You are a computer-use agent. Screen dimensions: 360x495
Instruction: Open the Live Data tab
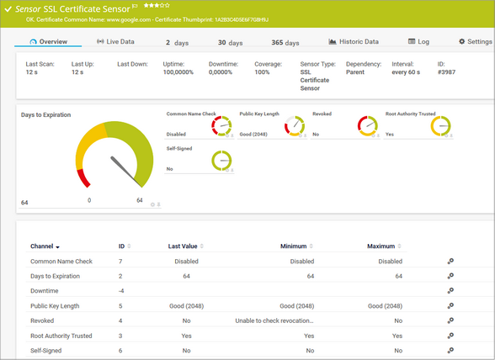(x=115, y=41)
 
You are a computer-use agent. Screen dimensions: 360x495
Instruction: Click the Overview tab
(x=48, y=41)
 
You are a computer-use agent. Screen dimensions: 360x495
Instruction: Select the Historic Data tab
(x=354, y=41)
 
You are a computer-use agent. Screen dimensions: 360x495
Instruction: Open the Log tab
(x=418, y=41)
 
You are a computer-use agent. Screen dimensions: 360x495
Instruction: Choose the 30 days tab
(x=230, y=42)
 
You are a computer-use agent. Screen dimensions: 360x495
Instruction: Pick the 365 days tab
(x=285, y=42)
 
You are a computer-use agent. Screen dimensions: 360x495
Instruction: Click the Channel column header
(x=42, y=246)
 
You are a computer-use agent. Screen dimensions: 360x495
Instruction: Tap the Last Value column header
(x=183, y=246)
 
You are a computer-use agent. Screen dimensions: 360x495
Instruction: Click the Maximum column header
(x=381, y=246)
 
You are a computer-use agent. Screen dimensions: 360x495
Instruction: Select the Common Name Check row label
(x=61, y=261)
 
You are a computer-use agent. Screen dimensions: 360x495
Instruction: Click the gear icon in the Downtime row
(x=450, y=291)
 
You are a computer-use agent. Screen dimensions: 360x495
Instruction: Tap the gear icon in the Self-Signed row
(x=450, y=350)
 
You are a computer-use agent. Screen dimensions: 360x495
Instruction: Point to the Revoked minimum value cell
(x=274, y=320)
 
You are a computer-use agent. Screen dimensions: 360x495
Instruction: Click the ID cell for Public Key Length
(x=121, y=305)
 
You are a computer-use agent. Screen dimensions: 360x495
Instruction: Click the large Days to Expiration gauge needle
(x=125, y=168)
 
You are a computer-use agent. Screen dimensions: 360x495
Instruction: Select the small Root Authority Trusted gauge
(x=441, y=125)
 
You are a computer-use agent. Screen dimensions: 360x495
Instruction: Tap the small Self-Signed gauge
(x=221, y=160)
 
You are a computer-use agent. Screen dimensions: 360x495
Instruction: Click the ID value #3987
(x=446, y=73)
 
